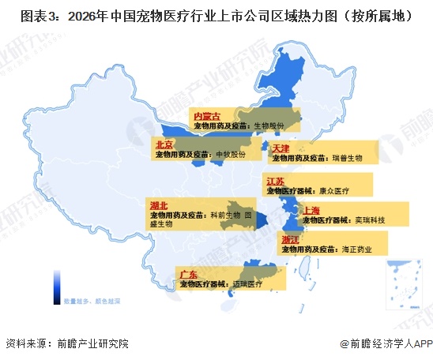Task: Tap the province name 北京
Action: click(164, 144)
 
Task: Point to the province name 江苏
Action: click(276, 182)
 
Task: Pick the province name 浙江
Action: click(289, 239)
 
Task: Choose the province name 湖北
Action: click(157, 205)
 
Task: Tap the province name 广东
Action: click(189, 274)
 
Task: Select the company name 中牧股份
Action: click(231, 154)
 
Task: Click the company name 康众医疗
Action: click(333, 191)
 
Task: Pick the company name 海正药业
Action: click(355, 249)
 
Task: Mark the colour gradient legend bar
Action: click(58, 287)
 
